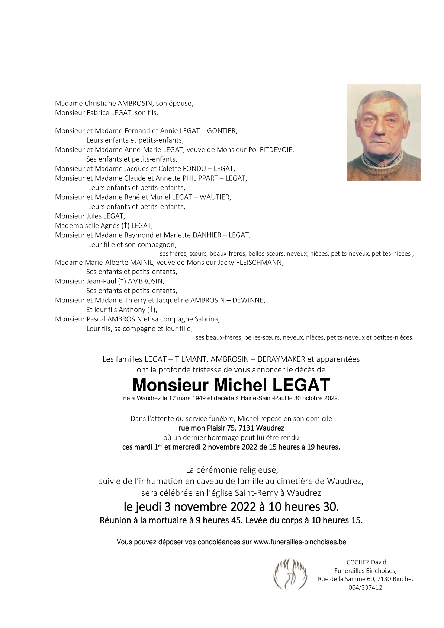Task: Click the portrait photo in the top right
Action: (x=383, y=132)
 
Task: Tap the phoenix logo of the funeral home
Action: (x=290, y=574)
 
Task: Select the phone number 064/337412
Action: (x=365, y=587)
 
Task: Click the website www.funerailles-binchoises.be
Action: (x=300, y=542)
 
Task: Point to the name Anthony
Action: (x=132, y=310)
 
